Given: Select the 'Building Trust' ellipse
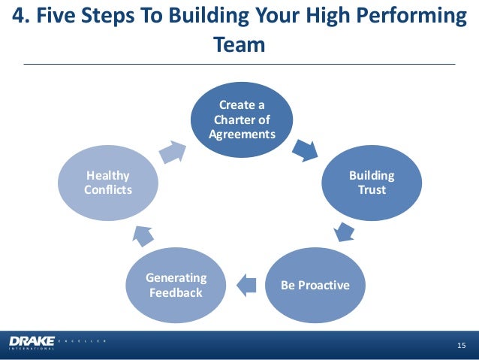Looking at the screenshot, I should (372, 183).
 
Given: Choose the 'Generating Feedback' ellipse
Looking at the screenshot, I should (175, 286).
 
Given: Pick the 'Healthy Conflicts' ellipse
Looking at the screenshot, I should (108, 183).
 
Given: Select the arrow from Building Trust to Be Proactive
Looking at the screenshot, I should (342, 231).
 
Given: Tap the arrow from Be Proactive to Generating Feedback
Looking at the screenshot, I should (246, 283).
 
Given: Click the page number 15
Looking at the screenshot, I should (462, 344).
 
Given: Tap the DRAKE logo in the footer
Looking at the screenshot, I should (32, 343).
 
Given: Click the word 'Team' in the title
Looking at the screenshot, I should (239, 45).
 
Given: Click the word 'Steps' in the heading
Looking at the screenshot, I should (113, 16).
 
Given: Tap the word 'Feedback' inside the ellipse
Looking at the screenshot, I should (175, 292).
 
